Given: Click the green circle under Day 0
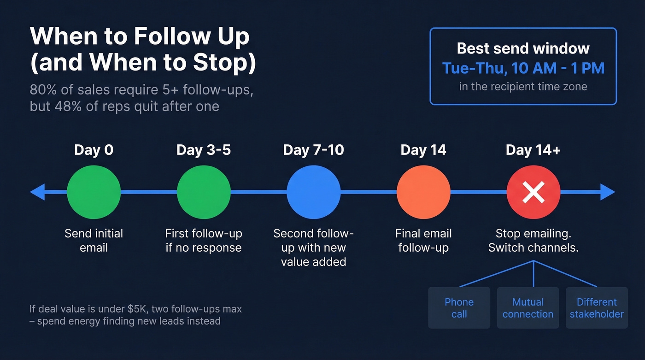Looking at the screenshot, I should click(x=94, y=192).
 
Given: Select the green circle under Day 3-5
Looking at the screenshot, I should click(x=204, y=192).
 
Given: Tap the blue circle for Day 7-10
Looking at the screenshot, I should click(x=314, y=192).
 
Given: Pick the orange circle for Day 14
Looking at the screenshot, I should click(x=423, y=192).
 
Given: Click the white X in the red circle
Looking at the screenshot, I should click(x=534, y=193).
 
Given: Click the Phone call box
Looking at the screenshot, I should click(x=459, y=308).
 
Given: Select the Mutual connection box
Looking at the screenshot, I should click(x=528, y=308).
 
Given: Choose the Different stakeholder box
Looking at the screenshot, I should click(x=597, y=308).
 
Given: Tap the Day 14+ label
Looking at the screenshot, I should click(x=533, y=150).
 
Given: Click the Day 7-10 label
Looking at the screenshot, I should click(x=313, y=150).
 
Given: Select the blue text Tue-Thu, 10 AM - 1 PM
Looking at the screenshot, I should click(x=523, y=68).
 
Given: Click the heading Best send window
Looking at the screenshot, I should click(x=523, y=48).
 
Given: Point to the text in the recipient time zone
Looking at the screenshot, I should click(x=523, y=87).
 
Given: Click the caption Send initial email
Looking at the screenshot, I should click(x=94, y=240).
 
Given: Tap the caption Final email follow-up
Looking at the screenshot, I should click(x=423, y=240).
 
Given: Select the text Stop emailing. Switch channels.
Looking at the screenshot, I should click(x=534, y=240).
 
